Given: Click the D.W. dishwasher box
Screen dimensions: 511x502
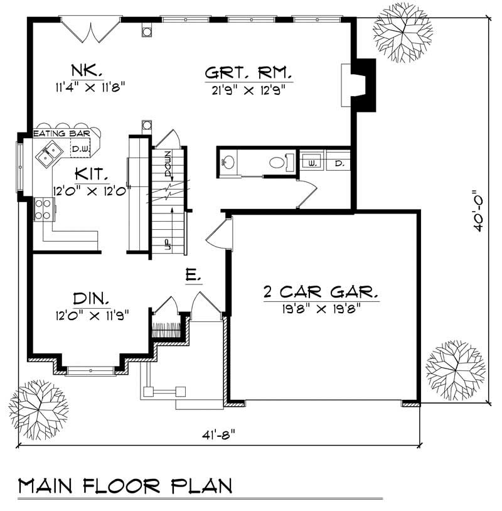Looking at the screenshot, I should (79, 149).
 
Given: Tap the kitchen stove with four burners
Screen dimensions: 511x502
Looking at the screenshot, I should (43, 208).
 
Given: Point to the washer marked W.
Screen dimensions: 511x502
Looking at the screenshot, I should (311, 163).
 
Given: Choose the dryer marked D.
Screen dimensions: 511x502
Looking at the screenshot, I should (338, 163).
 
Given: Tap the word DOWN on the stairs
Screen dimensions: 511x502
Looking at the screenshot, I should (168, 163).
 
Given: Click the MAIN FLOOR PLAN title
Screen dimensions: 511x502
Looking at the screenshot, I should (125, 486).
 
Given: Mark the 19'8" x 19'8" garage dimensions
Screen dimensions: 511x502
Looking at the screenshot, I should (321, 308).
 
